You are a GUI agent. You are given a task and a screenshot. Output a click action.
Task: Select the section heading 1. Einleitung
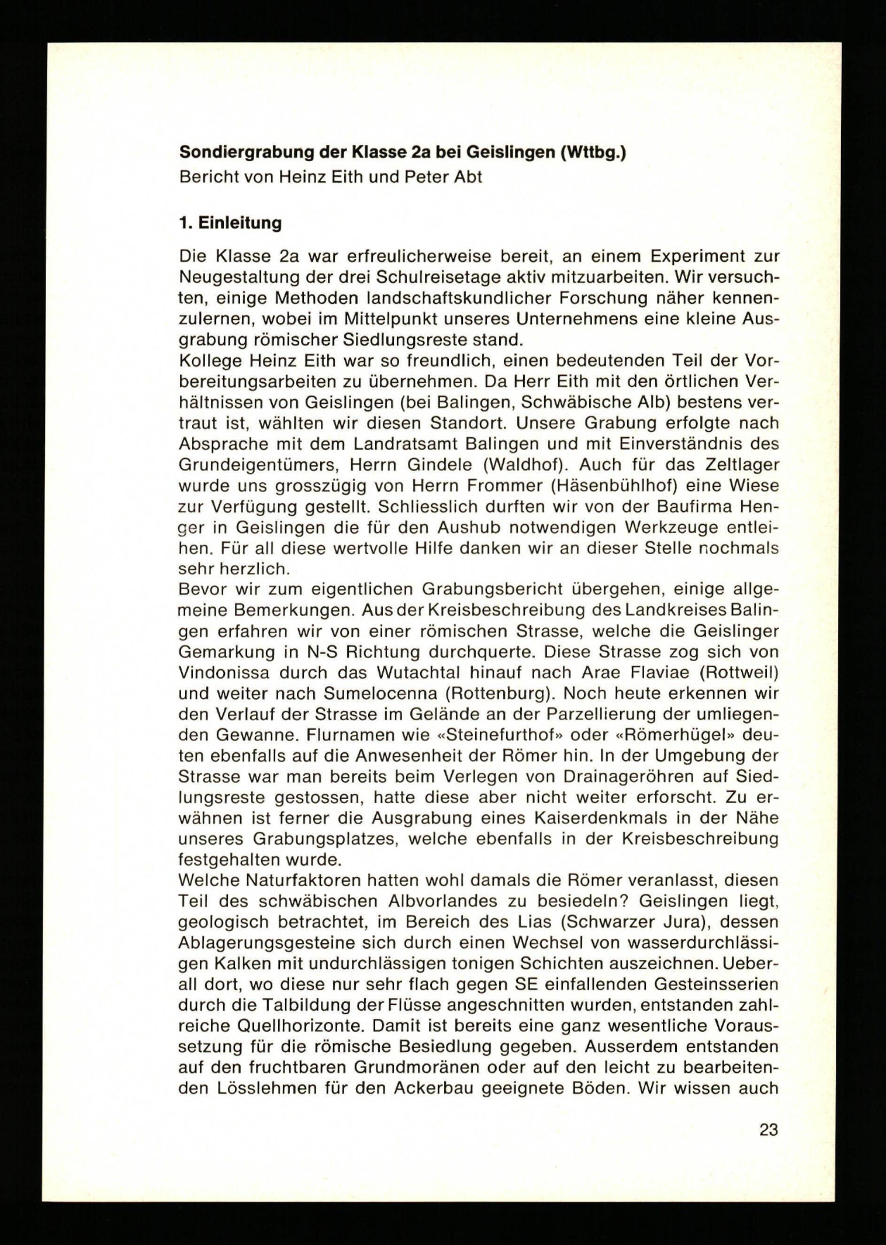[230, 223]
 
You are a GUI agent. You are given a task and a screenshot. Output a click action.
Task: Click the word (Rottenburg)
[498, 693]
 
